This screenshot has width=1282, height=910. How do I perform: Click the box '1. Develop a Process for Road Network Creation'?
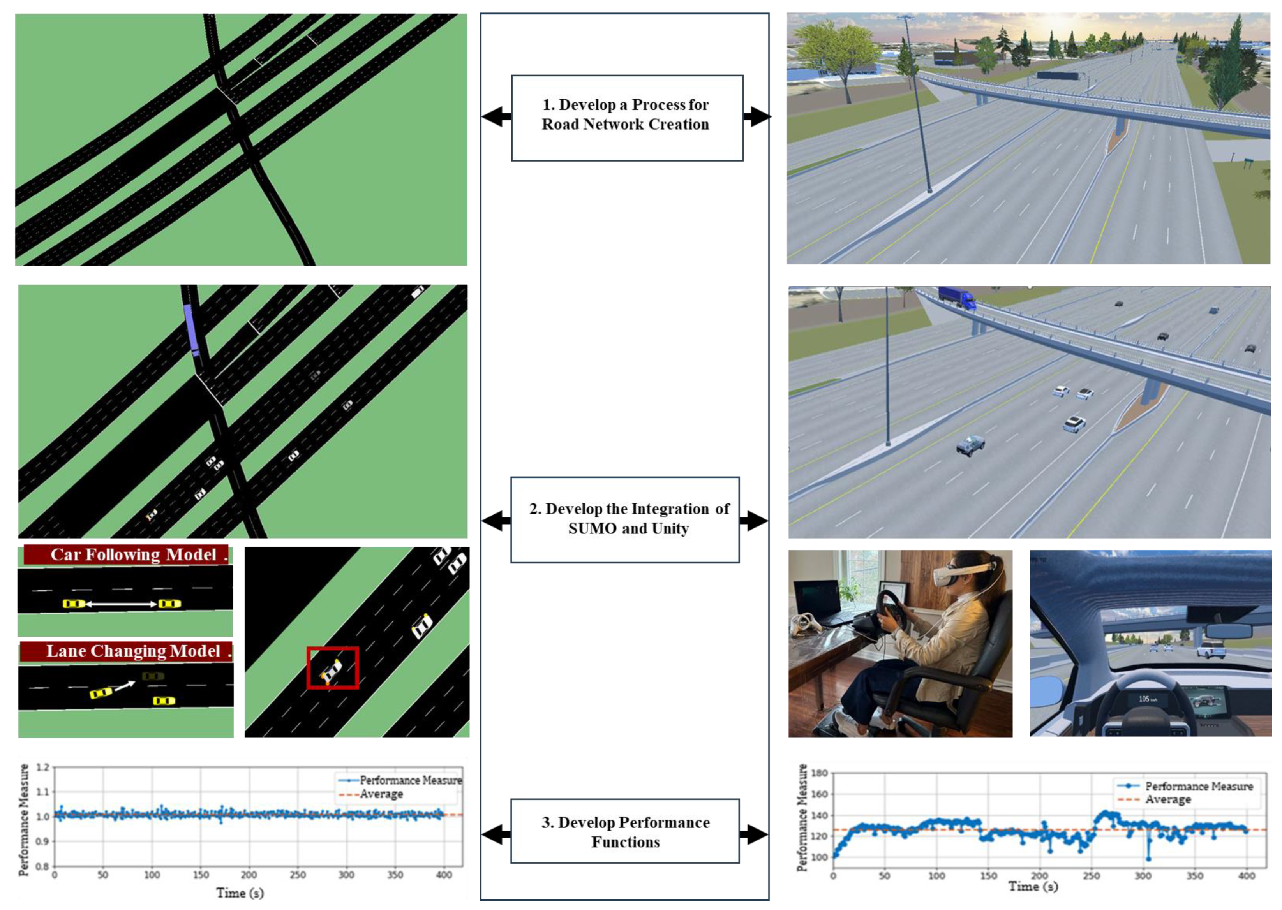pos(627,118)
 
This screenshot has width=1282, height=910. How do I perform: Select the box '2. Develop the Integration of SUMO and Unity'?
pos(624,519)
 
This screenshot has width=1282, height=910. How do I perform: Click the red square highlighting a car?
pos(332,668)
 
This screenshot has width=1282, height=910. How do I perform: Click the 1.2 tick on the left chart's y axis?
pos(42,767)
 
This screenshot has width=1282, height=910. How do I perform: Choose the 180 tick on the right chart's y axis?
pos(820,773)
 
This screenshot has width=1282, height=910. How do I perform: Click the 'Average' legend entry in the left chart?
pos(381,794)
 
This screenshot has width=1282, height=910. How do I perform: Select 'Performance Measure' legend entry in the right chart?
pos(1199,786)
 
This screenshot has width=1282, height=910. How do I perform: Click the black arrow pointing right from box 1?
pos(757,116)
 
